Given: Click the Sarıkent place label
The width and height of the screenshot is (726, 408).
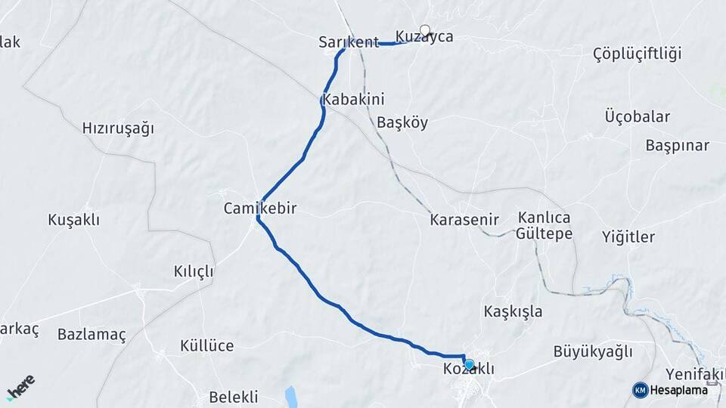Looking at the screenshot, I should click(x=348, y=43).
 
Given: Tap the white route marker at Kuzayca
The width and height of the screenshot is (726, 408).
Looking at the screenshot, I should click(x=425, y=31).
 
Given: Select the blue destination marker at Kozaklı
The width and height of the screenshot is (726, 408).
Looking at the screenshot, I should click(x=469, y=365).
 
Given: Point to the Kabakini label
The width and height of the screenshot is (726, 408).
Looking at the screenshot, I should click(x=353, y=99).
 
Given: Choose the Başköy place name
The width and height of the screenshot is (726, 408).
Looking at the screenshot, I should click(x=402, y=122).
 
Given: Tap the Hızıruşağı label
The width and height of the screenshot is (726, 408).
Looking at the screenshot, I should click(x=118, y=128).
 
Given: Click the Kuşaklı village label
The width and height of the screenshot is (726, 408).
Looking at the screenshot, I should click(x=73, y=220).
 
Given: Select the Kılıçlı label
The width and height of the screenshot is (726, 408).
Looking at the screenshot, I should click(x=194, y=271).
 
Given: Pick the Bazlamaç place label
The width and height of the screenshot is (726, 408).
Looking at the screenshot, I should click(x=92, y=333).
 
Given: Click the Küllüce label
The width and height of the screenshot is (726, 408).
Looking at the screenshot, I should click(x=206, y=346).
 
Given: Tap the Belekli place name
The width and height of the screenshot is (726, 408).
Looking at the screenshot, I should click(x=233, y=397).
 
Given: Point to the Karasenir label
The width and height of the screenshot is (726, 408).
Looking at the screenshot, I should click(x=464, y=220).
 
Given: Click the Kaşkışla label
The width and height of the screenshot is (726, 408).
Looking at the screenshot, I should click(x=513, y=311).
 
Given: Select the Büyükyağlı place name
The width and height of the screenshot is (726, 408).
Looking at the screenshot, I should click(x=592, y=351).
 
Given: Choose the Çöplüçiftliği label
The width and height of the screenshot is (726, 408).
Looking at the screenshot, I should click(x=637, y=53).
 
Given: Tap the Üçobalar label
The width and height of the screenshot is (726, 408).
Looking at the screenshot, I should click(x=637, y=116).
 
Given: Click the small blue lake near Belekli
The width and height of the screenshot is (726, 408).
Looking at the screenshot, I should click(x=291, y=396).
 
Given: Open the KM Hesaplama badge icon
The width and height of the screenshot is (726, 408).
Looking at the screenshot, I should click(x=641, y=390).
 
